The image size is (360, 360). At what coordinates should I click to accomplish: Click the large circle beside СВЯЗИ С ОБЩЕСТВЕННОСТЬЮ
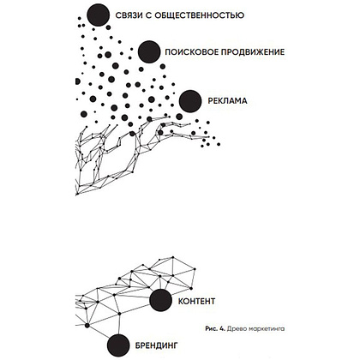click(x=99, y=15)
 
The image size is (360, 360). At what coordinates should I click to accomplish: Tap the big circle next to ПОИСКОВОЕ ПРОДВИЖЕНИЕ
click(x=149, y=52)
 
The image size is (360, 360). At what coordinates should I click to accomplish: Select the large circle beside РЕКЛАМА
click(x=190, y=101)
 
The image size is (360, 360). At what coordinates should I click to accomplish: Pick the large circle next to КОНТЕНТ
click(x=161, y=300)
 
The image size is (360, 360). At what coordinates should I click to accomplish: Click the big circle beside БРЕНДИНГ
click(x=118, y=345)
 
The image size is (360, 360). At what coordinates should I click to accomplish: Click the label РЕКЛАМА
click(x=227, y=101)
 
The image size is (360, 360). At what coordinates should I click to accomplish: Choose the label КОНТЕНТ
click(x=196, y=301)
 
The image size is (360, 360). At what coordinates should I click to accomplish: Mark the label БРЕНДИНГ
click(x=156, y=345)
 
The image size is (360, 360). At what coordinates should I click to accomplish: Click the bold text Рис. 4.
click(x=215, y=329)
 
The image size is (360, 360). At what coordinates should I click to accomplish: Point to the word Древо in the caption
click(x=234, y=329)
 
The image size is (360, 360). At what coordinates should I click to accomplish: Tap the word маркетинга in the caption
click(x=263, y=329)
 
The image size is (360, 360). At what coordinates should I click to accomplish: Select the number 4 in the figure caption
click(x=222, y=329)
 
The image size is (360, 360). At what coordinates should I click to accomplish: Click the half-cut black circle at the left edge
click(x=77, y=81)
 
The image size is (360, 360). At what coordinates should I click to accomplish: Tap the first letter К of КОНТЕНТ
click(x=181, y=301)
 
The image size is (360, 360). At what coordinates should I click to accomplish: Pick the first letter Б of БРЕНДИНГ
click(x=137, y=345)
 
